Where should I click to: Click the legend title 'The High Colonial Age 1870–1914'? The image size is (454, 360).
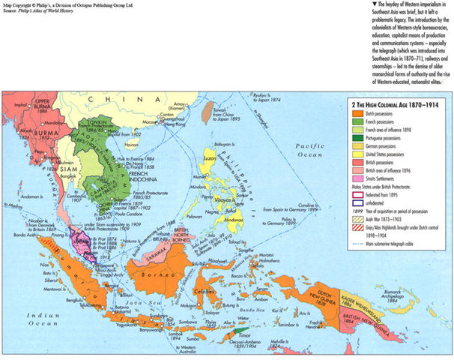pos(394,103)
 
